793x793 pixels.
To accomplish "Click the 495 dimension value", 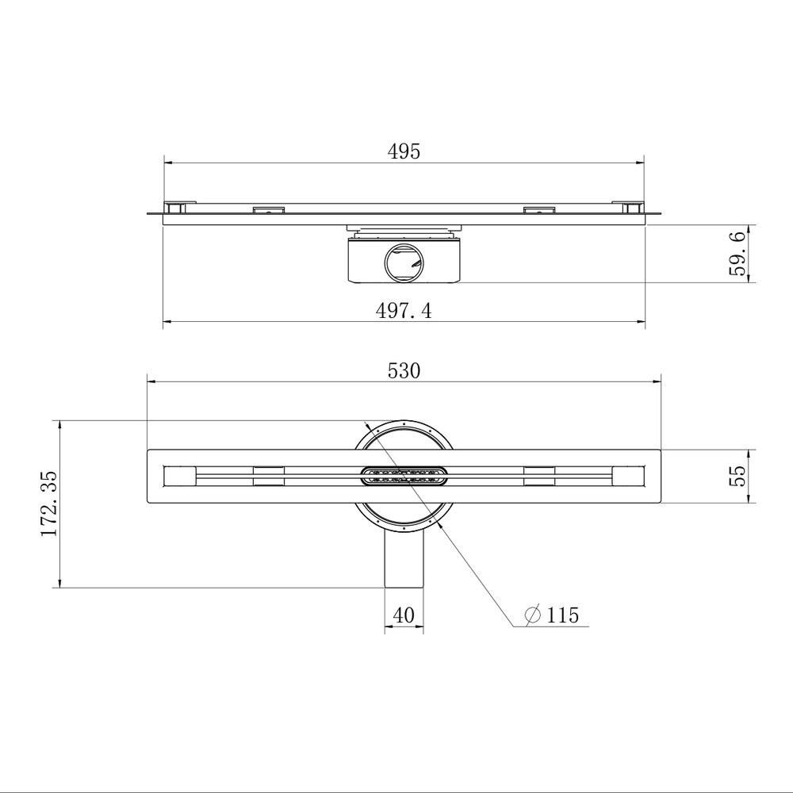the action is pos(404,151).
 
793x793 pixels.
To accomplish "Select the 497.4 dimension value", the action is pos(404,311).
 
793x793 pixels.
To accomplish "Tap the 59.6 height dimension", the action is pos(737,254).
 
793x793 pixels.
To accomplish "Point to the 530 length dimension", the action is pos(404,371).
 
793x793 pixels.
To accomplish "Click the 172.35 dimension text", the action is pos(49,504).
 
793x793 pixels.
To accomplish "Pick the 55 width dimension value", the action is pos(737,476).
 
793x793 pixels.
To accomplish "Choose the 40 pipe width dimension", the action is pos(404,615).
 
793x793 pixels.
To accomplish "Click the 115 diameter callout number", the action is pos(562,615).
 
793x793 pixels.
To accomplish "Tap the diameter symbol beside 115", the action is pos(533,615).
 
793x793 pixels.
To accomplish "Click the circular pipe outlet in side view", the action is pos(404,262).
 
